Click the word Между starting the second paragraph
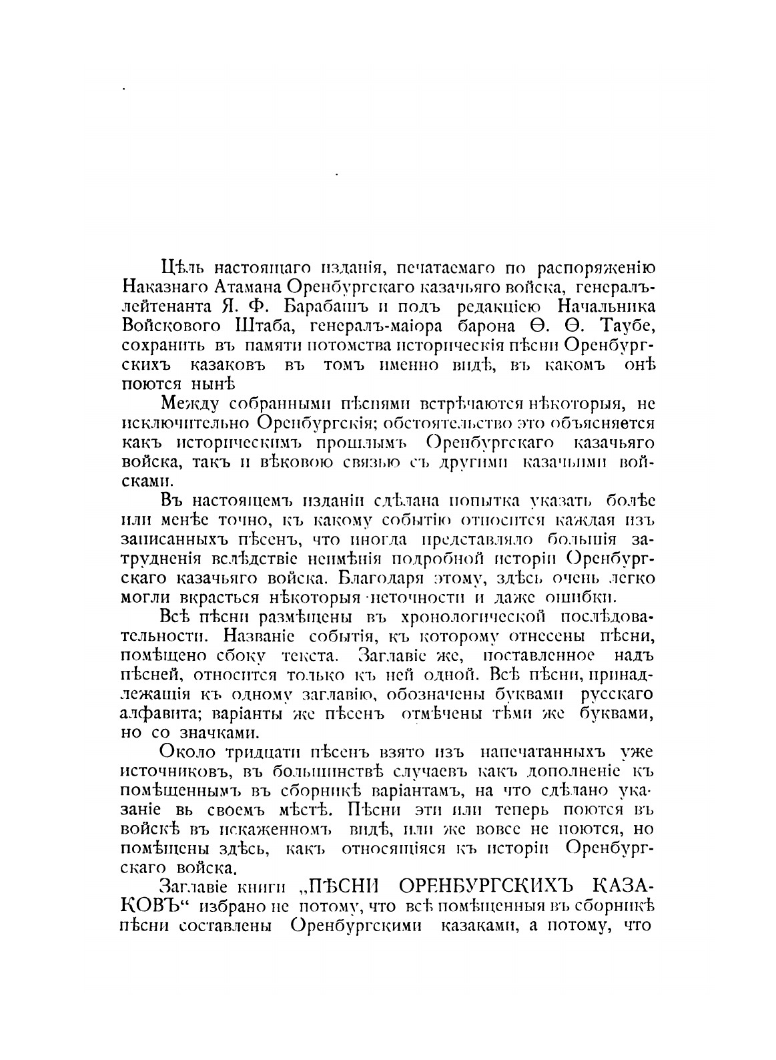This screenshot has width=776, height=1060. click(x=191, y=405)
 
